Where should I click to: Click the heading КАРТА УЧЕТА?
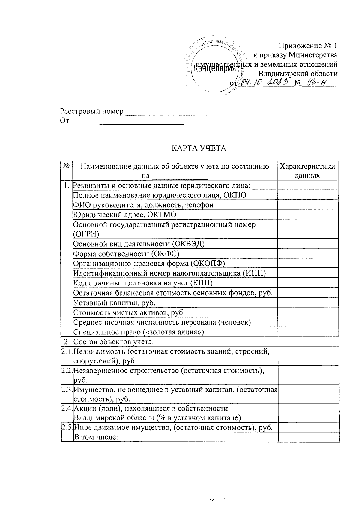199,148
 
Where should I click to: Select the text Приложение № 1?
308,46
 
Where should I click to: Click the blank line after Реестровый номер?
167,112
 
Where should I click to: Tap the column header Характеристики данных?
307,171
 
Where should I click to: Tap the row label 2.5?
67,428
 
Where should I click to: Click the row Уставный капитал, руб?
115,302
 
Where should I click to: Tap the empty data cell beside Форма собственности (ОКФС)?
307,254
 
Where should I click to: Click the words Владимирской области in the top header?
298,74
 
